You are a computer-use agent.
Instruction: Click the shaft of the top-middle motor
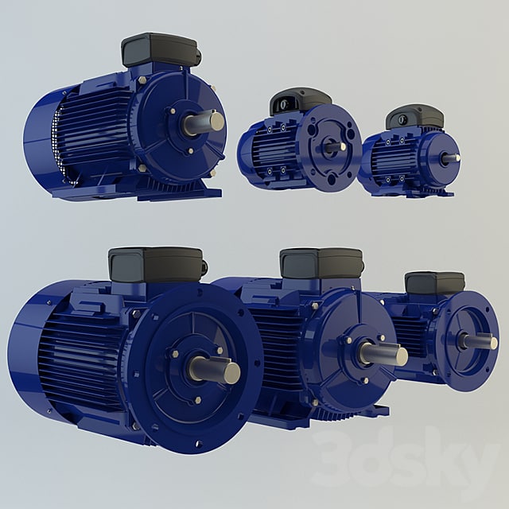pyautogui.click(x=334, y=146)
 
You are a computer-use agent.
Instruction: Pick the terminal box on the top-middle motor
pyautogui.click(x=300, y=101)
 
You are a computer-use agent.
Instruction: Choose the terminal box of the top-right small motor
pyautogui.click(x=414, y=117)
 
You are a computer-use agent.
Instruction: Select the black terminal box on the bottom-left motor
pyautogui.click(x=156, y=264)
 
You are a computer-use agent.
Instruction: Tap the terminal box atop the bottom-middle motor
pyautogui.click(x=321, y=263)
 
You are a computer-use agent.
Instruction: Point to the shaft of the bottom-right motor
pyautogui.click(x=480, y=341)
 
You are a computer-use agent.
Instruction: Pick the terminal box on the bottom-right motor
pyautogui.click(x=434, y=282)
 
